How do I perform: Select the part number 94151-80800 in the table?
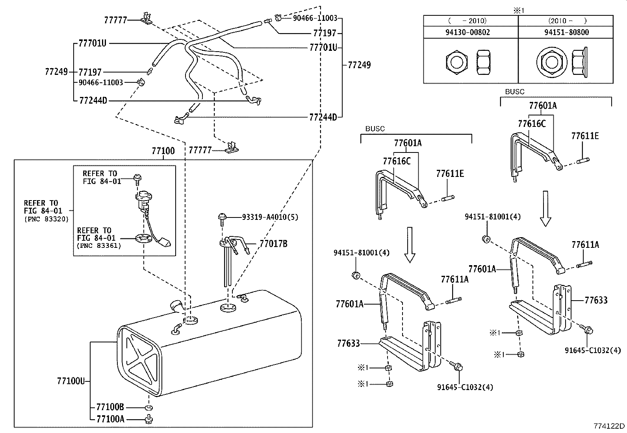point(567,32)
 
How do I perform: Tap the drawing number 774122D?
point(609,426)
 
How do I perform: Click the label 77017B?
point(273,244)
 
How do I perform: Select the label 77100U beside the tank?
point(71,381)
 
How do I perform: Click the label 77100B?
point(110,407)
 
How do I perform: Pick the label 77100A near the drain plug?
point(110,419)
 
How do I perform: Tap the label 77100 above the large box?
point(163,151)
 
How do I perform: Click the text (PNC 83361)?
point(98,245)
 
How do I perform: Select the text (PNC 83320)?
point(46,219)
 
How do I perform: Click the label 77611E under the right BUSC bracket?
point(585,136)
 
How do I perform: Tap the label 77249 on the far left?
point(56,72)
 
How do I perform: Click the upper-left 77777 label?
point(116,20)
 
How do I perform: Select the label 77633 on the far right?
point(596,300)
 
